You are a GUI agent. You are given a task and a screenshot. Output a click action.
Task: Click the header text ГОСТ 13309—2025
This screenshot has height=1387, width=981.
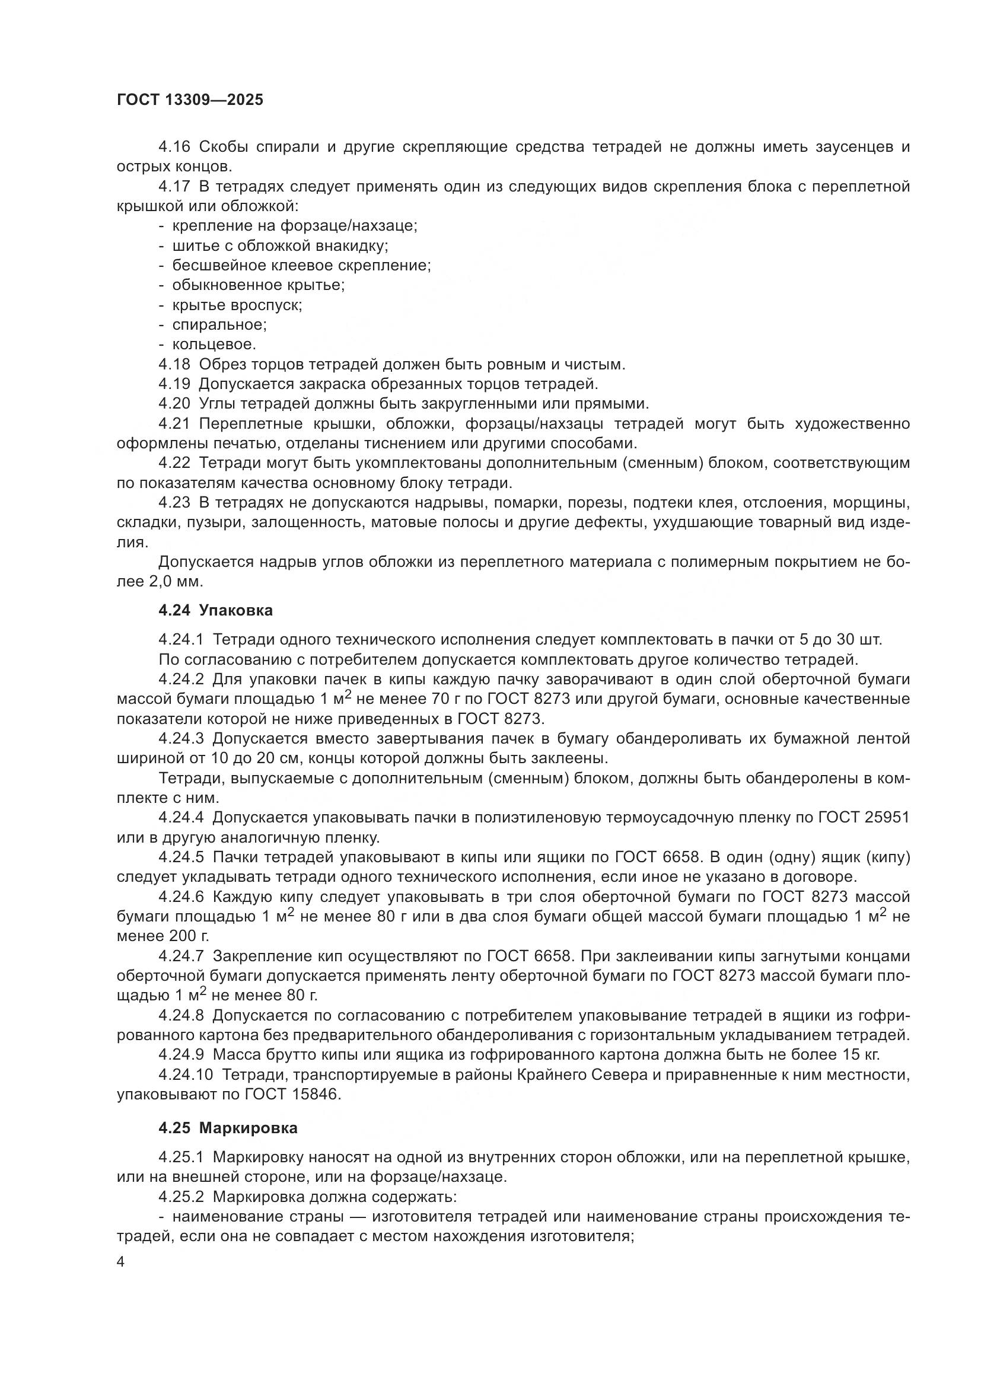190,100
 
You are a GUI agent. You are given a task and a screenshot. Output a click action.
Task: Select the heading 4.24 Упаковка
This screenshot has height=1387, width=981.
216,610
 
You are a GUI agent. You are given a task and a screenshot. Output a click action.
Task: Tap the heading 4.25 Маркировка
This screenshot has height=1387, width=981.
228,1128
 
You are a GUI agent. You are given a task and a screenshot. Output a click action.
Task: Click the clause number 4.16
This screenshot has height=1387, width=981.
174,147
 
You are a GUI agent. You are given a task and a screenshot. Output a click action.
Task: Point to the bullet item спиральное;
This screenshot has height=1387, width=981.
219,325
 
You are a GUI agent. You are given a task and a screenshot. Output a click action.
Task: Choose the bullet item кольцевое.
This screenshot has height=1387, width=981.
214,345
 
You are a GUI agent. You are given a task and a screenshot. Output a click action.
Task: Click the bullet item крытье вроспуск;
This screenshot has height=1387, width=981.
237,305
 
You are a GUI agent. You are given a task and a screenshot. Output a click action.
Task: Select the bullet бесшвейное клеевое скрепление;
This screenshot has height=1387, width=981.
301,265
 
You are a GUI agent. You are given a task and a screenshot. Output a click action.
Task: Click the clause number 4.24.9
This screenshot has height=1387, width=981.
181,1055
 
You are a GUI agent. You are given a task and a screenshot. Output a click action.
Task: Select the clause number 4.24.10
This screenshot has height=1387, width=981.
186,1074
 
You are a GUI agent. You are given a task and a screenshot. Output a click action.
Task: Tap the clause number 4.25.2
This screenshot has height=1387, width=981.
181,1197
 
